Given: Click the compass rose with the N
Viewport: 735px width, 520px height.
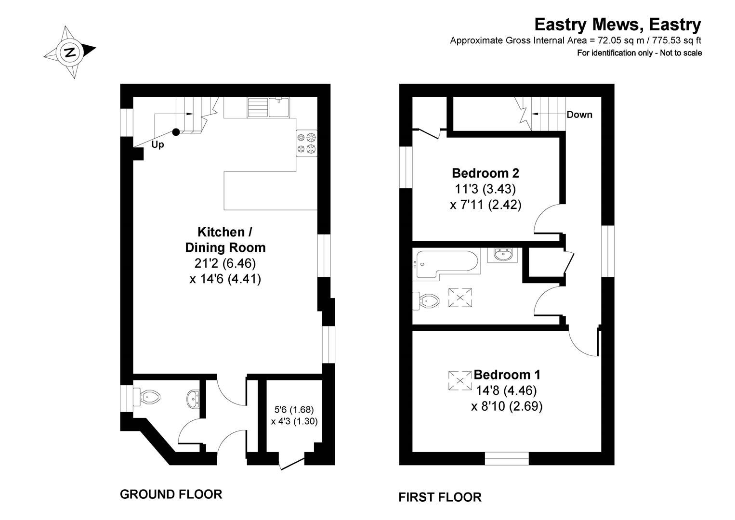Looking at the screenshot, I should point(70,52).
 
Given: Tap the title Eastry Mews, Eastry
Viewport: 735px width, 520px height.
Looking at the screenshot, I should point(618,24).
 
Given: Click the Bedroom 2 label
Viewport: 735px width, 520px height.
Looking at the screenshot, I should point(485,172).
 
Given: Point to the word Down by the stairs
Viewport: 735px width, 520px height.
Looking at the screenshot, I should point(579,115).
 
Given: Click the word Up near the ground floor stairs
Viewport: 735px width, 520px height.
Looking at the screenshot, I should point(157,144).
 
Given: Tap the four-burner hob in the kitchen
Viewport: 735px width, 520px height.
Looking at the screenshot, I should point(307,143).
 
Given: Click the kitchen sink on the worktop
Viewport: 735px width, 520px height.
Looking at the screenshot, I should point(268,107).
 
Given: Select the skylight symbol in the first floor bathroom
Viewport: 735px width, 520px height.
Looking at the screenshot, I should point(460,297).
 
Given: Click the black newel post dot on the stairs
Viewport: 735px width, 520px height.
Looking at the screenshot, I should point(176,131).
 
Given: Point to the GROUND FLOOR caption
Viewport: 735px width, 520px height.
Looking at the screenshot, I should point(171,494).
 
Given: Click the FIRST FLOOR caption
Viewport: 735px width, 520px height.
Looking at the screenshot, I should point(440,497).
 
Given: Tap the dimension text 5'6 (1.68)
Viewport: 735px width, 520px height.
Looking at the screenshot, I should point(294,410).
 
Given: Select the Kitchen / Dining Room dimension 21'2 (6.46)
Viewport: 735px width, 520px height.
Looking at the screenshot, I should point(225,263).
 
